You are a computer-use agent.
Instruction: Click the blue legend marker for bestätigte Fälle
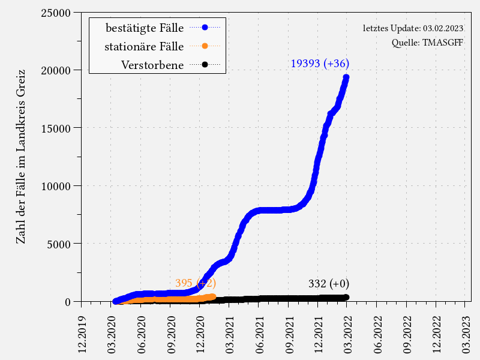point(205,27)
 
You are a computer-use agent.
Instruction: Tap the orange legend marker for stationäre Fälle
point(205,46)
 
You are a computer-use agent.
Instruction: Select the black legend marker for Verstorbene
point(205,64)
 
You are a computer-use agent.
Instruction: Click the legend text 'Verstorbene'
point(152,65)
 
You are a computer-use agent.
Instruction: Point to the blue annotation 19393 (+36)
point(320,63)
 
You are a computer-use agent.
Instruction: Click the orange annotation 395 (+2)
point(195,283)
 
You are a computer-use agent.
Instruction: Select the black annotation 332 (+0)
point(329,284)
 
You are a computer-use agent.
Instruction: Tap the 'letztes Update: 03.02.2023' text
point(413,28)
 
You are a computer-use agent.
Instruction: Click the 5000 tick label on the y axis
point(62,244)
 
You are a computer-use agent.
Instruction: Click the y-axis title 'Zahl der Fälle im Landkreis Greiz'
point(20,156)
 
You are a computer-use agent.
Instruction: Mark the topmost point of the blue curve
point(346,77)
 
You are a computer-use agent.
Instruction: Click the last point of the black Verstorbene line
point(346,297)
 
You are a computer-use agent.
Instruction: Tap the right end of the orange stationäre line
point(212,296)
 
